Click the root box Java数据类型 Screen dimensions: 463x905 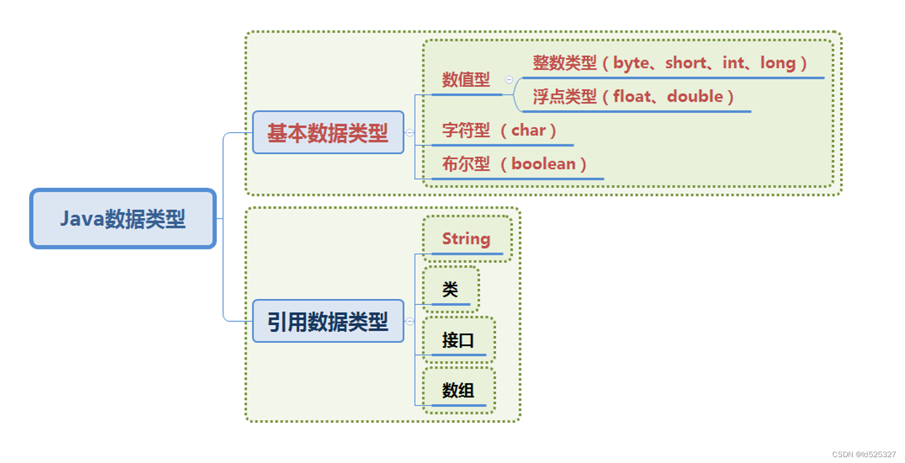123,219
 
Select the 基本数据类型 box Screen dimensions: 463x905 328,133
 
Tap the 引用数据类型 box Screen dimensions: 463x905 328,321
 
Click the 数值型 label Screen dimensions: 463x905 466,80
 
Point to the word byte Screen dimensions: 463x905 631,63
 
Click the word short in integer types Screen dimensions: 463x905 686,63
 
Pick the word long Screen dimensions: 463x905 778,63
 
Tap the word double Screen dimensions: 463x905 695,97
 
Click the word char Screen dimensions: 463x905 528,130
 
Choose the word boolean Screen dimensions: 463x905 543,164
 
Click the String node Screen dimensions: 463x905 466,239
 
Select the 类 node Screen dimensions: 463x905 450,289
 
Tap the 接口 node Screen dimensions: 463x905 458,340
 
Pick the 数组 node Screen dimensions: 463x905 458,390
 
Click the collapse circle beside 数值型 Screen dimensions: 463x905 509,80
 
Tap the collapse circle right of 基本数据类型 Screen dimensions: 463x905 409,133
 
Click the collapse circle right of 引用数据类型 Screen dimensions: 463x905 409,321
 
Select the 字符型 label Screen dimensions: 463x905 466,130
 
